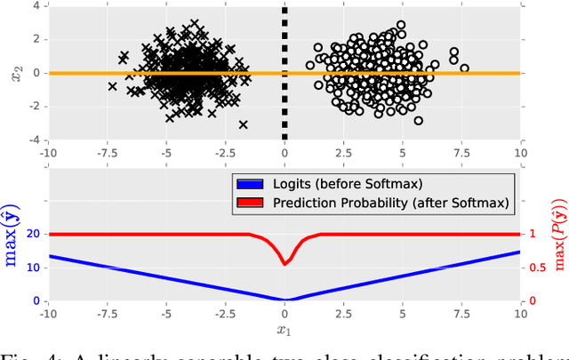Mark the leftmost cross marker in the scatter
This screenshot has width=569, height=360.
click(113, 86)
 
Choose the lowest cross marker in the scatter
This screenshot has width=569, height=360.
click(243, 124)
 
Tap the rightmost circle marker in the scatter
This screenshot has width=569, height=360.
click(464, 68)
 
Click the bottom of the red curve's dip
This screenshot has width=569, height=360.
click(284, 263)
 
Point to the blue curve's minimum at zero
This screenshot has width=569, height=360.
click(284, 300)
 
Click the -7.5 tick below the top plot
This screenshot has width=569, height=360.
click(105, 153)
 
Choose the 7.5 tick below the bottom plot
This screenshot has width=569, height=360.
click(461, 315)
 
